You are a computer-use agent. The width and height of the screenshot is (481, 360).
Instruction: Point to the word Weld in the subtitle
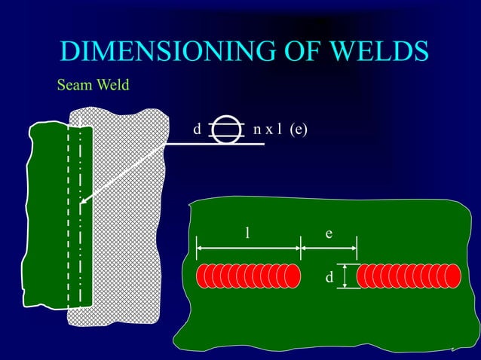112,85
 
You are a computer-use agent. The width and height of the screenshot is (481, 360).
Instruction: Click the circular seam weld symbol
224,130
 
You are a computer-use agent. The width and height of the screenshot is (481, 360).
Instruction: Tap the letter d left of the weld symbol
197,130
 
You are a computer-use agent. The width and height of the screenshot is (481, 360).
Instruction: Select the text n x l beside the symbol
268,130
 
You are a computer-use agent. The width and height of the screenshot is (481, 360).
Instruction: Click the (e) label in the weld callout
299,130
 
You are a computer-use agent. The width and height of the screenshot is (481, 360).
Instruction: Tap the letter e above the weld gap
329,233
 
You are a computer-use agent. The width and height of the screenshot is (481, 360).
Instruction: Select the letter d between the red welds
329,279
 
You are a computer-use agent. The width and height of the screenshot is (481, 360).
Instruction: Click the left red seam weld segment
248,276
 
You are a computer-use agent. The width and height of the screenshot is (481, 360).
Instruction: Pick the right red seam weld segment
408,276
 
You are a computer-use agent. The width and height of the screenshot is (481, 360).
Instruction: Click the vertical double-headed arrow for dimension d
345,276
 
